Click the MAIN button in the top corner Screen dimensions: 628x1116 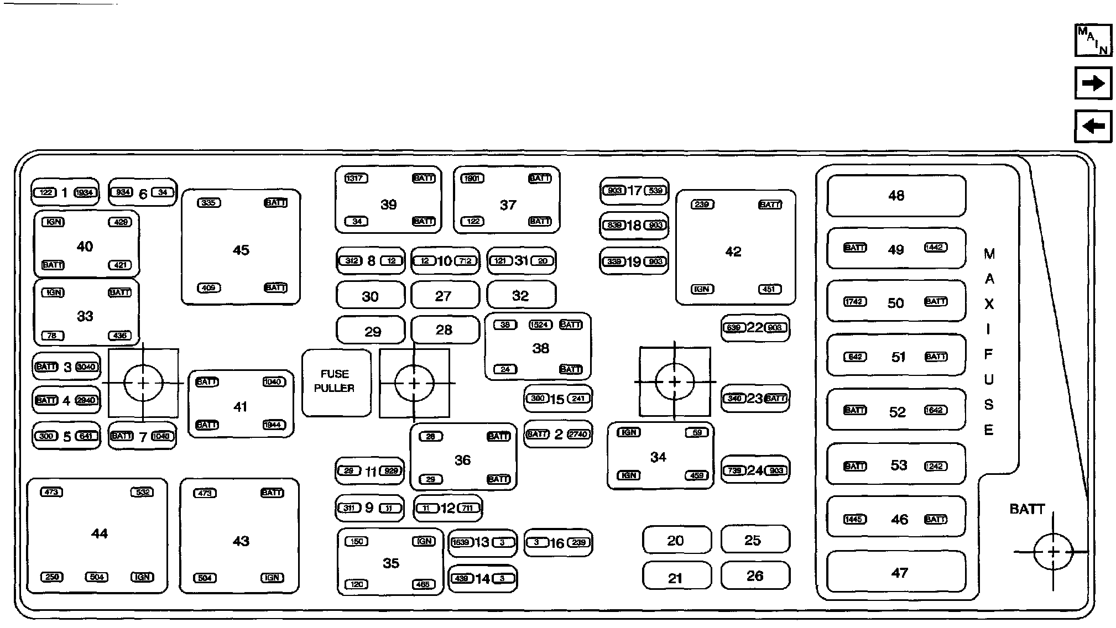(1093, 40)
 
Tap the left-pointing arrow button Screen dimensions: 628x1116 (1093, 127)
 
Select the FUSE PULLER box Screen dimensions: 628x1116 (335, 382)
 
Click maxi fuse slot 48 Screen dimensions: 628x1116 (896, 196)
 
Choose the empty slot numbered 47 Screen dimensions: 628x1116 (896, 572)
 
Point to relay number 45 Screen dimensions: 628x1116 (241, 250)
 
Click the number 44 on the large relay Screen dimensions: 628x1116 (100, 533)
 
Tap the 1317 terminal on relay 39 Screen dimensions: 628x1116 (356, 179)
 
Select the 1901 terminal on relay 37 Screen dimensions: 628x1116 (472, 179)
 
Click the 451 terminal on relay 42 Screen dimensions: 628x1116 (770, 289)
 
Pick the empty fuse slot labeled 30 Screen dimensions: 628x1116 (370, 296)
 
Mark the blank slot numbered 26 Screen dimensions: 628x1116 (755, 576)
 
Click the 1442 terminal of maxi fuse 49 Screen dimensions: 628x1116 (935, 248)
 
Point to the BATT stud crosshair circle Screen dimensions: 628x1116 (1053, 552)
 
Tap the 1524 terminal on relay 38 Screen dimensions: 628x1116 (540, 325)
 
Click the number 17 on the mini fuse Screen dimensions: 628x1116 (634, 191)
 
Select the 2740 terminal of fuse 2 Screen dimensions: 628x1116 (578, 434)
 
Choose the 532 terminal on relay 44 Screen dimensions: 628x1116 (142, 492)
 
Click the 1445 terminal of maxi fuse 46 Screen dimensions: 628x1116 (854, 519)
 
